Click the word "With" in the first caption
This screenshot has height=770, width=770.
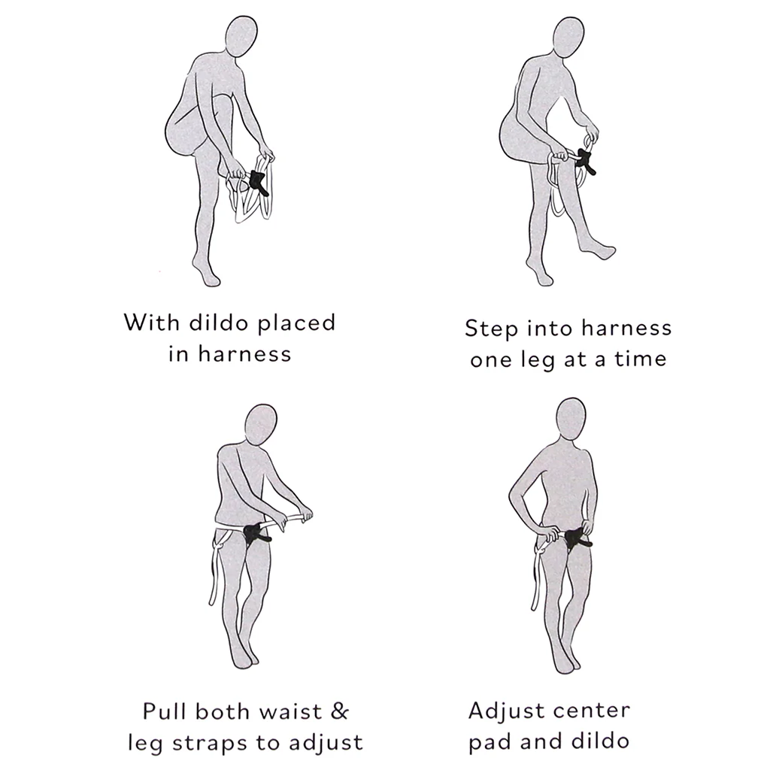point(151,322)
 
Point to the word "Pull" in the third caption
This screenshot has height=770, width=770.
point(165,711)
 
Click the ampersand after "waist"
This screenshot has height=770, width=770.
point(339,711)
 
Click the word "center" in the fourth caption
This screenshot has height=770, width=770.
point(590,711)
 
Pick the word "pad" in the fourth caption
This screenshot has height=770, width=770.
point(490,741)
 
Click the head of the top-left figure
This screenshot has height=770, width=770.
point(241,36)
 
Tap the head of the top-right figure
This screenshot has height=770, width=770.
point(568,38)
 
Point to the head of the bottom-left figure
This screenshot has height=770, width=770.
point(261,425)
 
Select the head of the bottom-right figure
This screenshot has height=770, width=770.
point(571,418)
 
